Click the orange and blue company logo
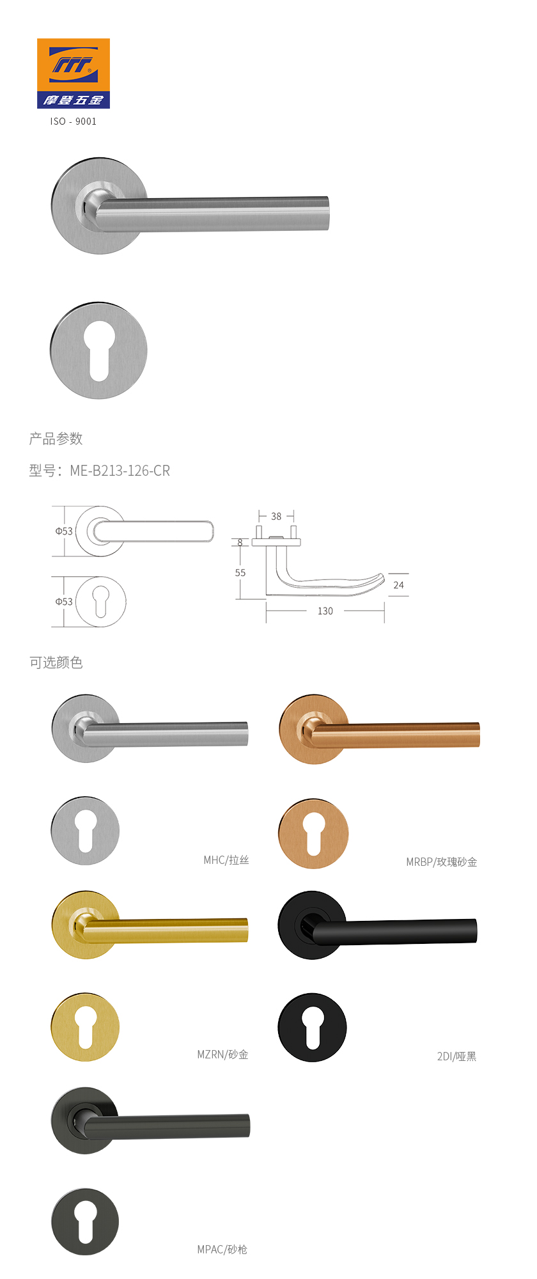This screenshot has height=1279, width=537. pos(74,73)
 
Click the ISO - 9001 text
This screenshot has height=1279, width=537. pos(74,122)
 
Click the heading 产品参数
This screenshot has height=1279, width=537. pos(56,439)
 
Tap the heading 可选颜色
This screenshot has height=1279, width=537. pos(56,663)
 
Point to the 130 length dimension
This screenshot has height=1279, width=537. pos(325,611)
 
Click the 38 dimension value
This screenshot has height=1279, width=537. pos(276,516)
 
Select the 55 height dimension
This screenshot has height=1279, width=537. pos(240,573)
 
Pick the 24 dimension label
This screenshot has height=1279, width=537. pos(399,585)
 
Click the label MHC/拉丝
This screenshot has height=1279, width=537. pos(226,860)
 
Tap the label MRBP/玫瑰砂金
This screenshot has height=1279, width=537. pos(442,862)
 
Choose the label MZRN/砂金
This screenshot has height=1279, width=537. pos(222,1055)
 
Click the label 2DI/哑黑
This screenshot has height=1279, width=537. pos(457,1056)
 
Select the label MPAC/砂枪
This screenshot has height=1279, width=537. pos(222,1250)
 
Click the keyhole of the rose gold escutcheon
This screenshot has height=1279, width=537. pos(313,833)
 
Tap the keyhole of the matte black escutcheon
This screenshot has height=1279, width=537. pos(313,1028)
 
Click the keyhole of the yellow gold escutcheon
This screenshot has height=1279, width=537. pos(86,1027)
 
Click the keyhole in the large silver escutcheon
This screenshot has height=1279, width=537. pos(99,351)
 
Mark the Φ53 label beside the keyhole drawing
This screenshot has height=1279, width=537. pos(64,602)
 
